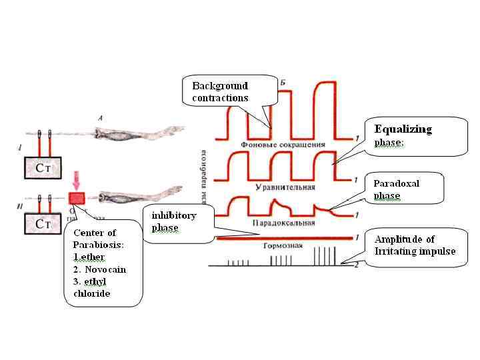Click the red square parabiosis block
[x=77, y=199]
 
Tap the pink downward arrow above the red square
[x=78, y=180]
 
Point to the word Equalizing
[x=403, y=129]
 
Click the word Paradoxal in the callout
[x=396, y=183]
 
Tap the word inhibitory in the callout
[x=173, y=215]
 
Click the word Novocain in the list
[x=105, y=269]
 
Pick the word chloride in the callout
[x=93, y=293]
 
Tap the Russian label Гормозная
[x=284, y=245]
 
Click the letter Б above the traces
[x=283, y=82]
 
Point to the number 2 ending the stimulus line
[x=358, y=265]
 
